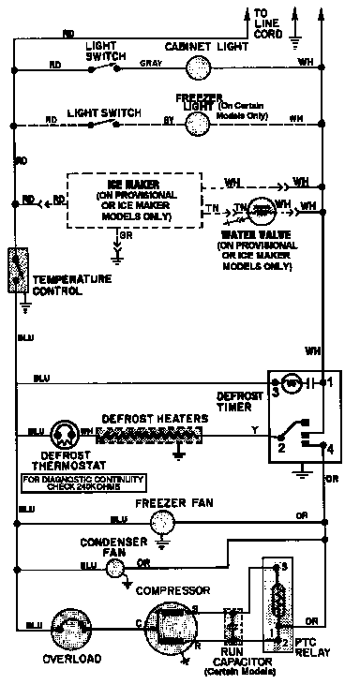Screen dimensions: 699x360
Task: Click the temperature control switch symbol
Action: coord(18,270)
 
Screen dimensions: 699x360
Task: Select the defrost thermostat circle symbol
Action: coord(63,432)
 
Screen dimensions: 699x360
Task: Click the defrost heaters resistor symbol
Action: coord(150,434)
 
